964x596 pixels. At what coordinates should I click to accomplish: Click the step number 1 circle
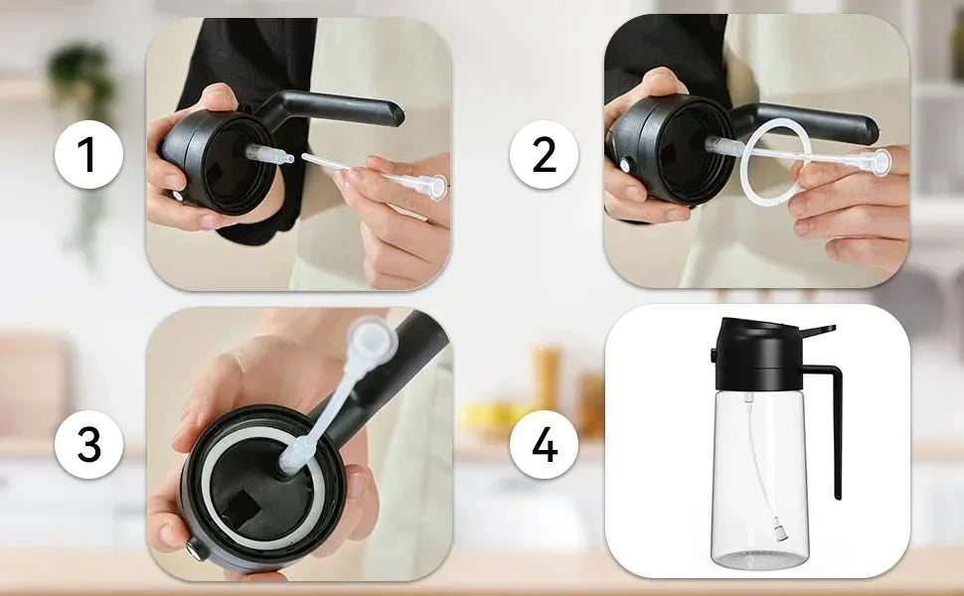click(89, 156)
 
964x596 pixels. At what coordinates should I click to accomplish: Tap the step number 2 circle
click(545, 156)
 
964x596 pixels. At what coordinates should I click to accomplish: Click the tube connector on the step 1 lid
click(266, 154)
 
